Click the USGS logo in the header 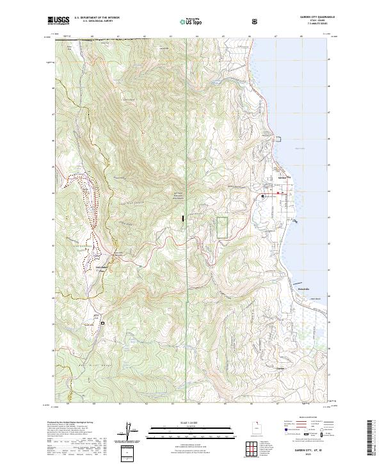(59, 20)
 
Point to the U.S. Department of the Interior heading (96, 17)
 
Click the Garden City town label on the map (282, 177)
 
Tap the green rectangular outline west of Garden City (222, 228)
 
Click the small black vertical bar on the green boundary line (184, 219)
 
